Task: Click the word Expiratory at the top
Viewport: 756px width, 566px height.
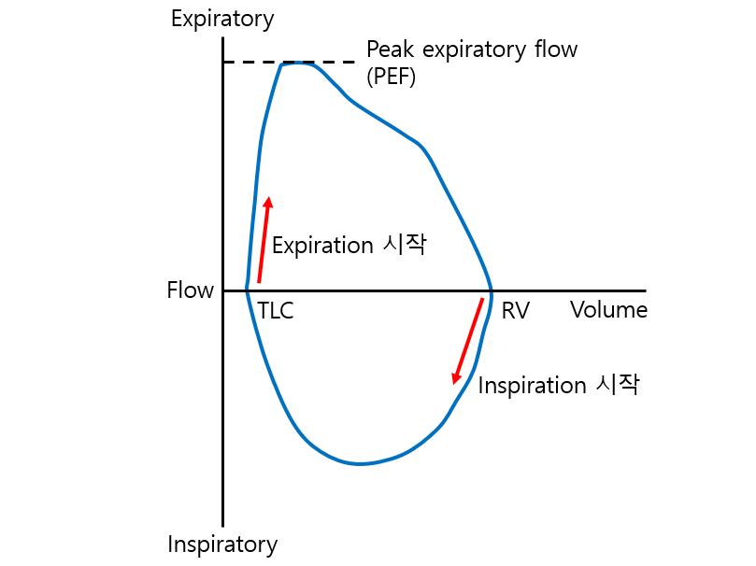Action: (222, 19)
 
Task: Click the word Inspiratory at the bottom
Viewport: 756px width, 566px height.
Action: (222, 545)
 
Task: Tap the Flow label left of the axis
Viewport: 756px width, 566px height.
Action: (190, 290)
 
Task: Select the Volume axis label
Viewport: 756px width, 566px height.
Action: (608, 310)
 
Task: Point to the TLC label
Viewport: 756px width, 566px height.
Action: (275, 312)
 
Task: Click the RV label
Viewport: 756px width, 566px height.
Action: (515, 312)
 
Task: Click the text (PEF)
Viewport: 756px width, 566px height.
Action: (391, 77)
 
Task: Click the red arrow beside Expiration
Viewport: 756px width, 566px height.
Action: (264, 239)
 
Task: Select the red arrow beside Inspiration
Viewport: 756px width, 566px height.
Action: (468, 340)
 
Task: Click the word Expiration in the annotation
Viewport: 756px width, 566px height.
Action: (322, 246)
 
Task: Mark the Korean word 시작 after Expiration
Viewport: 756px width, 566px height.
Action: (405, 245)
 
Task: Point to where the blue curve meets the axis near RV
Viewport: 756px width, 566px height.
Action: (492, 290)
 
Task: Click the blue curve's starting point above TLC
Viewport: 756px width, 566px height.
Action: (247, 289)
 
